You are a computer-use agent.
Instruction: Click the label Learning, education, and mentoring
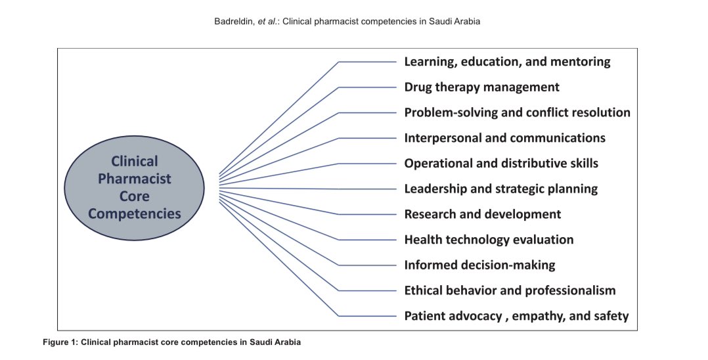[x=507, y=62]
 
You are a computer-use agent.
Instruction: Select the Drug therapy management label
[x=481, y=87]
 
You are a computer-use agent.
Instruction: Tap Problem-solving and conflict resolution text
[x=517, y=112]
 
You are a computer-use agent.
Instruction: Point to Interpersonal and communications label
[x=504, y=138]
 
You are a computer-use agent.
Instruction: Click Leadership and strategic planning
[x=500, y=189]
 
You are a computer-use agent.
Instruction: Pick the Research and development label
[x=482, y=214]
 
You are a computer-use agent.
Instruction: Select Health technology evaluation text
[x=489, y=240]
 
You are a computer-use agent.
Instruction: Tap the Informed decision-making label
[x=479, y=265]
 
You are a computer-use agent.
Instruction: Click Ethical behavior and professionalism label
[x=510, y=290]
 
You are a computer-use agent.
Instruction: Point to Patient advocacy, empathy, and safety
[x=516, y=316]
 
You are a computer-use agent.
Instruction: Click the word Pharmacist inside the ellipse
[x=135, y=179]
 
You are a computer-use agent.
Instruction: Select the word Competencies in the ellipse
[x=135, y=214]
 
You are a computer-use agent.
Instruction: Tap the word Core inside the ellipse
[x=135, y=196]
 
